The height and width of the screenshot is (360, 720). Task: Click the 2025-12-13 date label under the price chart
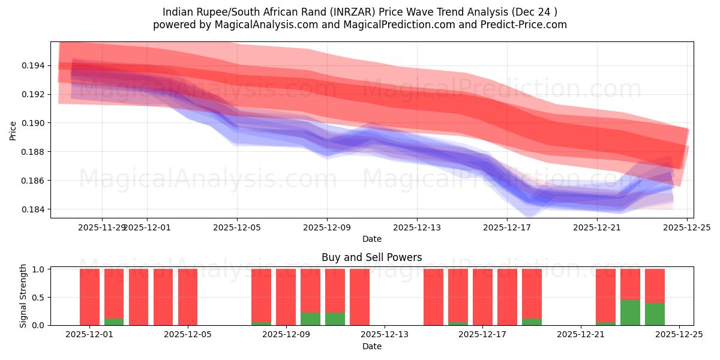(x=417, y=227)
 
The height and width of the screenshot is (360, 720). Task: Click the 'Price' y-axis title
(x=13, y=130)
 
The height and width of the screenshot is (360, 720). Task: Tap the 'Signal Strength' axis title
(x=23, y=296)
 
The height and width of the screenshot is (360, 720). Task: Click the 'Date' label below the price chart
(x=371, y=239)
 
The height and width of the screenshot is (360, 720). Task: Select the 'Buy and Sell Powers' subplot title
(x=371, y=257)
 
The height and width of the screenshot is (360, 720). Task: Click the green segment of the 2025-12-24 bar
(x=655, y=314)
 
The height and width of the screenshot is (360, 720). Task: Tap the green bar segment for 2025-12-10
(x=335, y=319)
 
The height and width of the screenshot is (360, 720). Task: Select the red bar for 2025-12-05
(x=188, y=297)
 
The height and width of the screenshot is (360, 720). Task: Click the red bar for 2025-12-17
(x=482, y=297)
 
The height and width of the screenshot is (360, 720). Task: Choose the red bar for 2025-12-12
(x=359, y=297)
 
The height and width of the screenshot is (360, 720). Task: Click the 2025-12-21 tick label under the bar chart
(x=581, y=335)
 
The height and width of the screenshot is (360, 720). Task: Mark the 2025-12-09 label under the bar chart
(x=286, y=335)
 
